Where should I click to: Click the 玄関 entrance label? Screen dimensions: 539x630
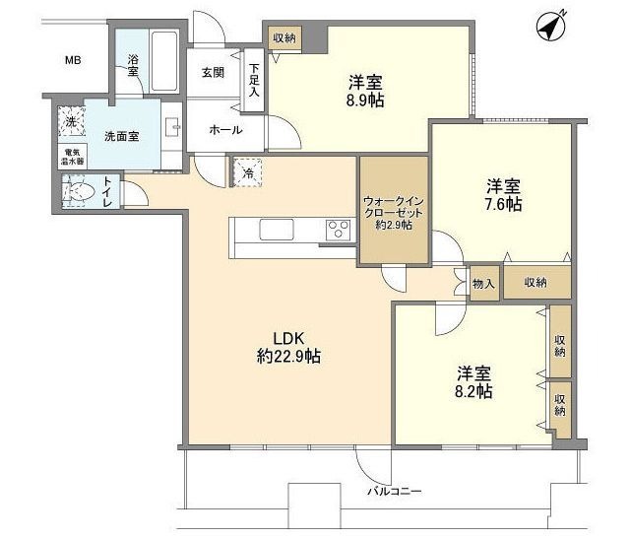[x=214, y=73]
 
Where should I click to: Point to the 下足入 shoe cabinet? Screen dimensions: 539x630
[x=254, y=79]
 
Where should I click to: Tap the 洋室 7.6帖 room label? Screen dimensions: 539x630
[x=502, y=195]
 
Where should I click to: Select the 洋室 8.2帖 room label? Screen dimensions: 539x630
[x=473, y=382]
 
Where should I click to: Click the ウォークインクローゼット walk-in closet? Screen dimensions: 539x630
[x=393, y=210]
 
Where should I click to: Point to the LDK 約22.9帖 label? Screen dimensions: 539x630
[x=287, y=347]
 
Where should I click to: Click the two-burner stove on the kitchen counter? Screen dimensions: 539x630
[x=339, y=231]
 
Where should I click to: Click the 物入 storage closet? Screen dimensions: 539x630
[x=483, y=282]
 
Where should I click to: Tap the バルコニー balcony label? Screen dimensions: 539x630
[x=396, y=489]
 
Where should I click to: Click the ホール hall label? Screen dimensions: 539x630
[x=225, y=129]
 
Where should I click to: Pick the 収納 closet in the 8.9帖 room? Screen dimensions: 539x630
[x=283, y=37]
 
